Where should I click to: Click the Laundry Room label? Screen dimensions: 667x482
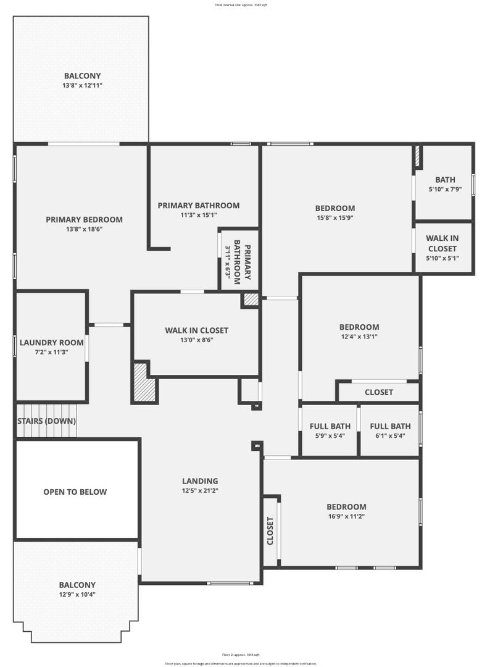51,343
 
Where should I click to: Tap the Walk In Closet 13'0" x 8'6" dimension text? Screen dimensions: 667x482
197,340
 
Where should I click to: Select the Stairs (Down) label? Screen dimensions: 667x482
46,421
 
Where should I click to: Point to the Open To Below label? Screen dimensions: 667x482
75,492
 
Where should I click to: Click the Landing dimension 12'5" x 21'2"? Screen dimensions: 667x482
200,490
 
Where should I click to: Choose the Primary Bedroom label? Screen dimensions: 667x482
84,219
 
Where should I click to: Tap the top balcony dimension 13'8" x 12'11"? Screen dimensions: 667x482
82,85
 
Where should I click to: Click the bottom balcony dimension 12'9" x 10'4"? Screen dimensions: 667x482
77,595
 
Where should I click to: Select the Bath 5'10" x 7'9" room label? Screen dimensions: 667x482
445,180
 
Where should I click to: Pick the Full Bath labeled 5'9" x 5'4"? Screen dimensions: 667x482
330,426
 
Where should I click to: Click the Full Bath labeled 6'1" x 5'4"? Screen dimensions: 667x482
390,426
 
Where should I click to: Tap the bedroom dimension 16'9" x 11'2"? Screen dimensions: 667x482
346,516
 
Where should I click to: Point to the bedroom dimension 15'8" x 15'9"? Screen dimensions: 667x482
335,217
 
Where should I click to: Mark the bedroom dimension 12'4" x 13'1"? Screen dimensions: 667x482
359,337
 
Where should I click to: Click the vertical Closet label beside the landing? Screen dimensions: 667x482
270,531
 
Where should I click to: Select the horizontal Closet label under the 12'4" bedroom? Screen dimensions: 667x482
378,392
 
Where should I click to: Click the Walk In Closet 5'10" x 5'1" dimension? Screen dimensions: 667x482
443,258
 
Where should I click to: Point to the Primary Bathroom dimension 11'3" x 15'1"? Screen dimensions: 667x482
198,215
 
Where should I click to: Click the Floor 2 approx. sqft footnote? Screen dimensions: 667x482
241,655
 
